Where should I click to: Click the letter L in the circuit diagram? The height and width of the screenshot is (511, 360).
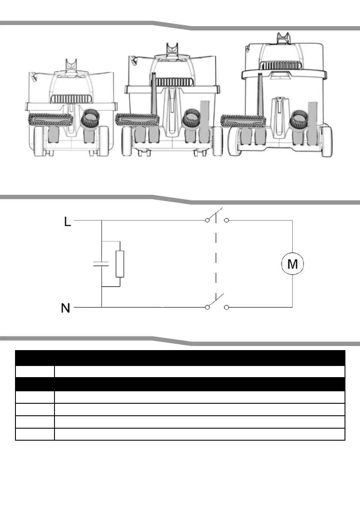tap(67, 222)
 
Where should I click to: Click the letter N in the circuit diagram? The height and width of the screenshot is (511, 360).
tap(66, 308)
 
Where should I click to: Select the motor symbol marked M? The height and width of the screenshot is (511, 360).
tap(293, 263)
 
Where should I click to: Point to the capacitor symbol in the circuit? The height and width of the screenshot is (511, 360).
tap(101, 263)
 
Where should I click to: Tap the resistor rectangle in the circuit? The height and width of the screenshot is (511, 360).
tap(120, 264)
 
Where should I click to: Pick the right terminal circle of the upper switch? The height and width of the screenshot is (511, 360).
tap(227, 220)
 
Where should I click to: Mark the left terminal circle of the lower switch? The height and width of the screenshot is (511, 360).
tap(207, 307)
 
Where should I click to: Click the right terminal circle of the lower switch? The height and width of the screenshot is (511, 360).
tap(227, 307)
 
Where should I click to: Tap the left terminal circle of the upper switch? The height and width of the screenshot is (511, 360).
tap(207, 220)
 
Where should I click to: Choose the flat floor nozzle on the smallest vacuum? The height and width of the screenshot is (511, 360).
tap(51, 119)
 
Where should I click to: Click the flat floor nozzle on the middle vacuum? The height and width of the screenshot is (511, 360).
tap(137, 120)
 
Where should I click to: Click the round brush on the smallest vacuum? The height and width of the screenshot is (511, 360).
tap(90, 118)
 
